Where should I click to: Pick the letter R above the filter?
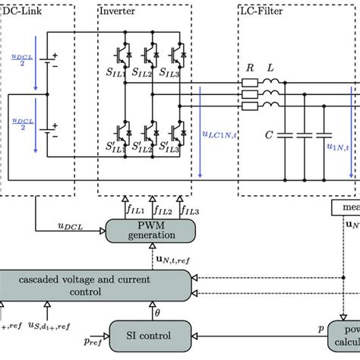249,68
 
